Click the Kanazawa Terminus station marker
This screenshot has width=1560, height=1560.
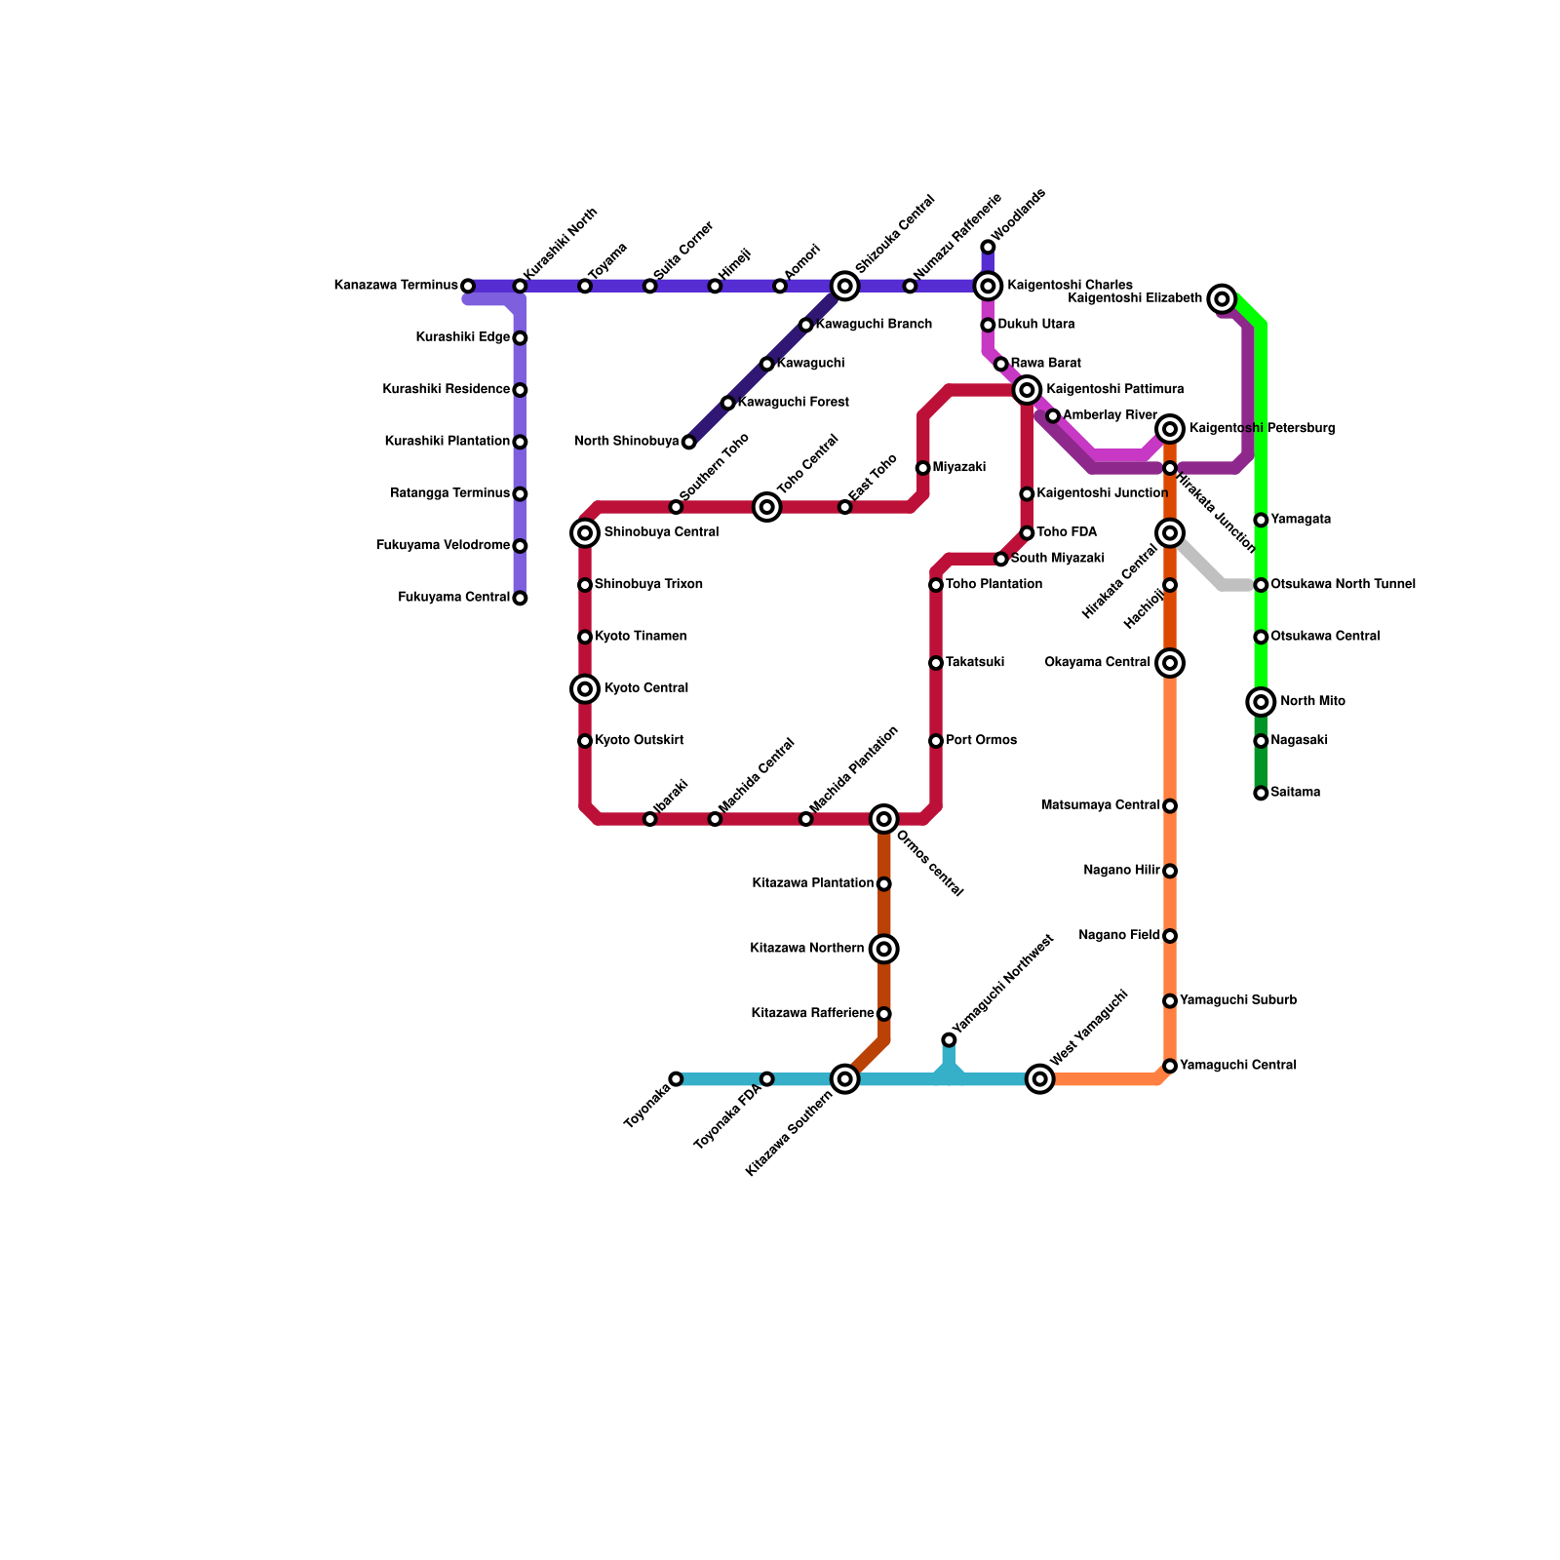pos(468,286)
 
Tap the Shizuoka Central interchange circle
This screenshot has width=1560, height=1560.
pos(845,286)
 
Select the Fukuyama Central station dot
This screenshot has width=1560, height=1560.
pos(520,598)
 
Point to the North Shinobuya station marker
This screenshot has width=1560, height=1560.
pos(688,442)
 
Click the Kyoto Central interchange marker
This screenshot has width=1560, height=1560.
pos(585,689)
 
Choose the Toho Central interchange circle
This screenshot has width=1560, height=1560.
pos(767,507)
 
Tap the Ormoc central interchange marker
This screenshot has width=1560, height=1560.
pos(884,819)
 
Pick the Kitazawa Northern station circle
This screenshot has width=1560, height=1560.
pos(884,949)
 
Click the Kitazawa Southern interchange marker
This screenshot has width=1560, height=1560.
pos(845,1079)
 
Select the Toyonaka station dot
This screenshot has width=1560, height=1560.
pos(676,1079)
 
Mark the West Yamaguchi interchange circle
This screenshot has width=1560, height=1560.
pos(1040,1079)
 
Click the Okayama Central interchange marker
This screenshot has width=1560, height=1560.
pos(1170,663)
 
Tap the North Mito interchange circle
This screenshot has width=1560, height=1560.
pos(1261,702)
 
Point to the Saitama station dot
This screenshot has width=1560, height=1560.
pos(1261,793)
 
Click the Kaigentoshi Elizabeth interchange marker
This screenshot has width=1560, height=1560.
pos(1222,299)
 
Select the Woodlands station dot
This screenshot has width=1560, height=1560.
pos(988,247)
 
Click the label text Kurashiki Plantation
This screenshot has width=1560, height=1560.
pos(447,442)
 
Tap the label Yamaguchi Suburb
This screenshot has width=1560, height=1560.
pos(1237,1000)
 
